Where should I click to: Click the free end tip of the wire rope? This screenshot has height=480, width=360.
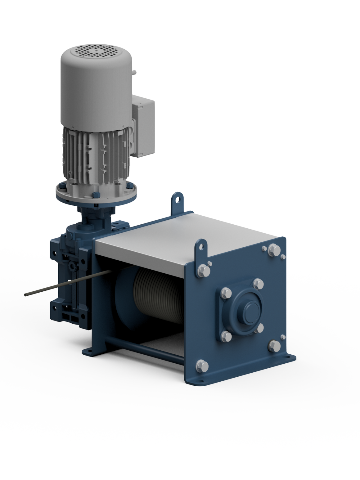click(x=26, y=294)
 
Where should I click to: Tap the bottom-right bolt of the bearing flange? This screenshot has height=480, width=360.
click(x=260, y=328)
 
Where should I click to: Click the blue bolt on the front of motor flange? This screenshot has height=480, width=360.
click(x=95, y=195)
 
